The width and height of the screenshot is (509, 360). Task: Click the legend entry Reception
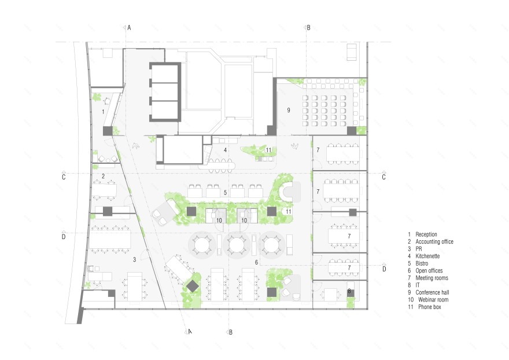coord(426,234)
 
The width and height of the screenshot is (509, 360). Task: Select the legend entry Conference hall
coord(432,292)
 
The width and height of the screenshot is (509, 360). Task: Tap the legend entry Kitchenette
coord(427,256)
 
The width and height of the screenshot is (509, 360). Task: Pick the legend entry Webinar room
coord(433,300)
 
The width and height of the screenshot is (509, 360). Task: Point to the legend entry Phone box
coord(429,307)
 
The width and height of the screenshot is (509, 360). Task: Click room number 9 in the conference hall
coord(289,110)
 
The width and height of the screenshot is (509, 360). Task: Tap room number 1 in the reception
coord(103,112)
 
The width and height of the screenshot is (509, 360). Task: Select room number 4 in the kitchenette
coord(225,150)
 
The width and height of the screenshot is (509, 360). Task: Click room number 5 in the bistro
coord(225,193)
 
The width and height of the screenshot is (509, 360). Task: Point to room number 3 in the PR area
coord(134,259)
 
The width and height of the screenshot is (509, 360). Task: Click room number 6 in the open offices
coord(256,262)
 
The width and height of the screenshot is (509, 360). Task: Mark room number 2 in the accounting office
coord(103,176)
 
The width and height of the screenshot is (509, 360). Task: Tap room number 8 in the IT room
coord(349,291)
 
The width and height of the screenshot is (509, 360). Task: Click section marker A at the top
coord(129,28)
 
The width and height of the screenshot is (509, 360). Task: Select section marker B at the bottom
coord(231,332)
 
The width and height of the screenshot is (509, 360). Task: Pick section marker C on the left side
coord(64,177)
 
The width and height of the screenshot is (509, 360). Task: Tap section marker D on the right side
coord(384,269)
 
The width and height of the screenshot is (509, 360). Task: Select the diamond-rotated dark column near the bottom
coord(193,286)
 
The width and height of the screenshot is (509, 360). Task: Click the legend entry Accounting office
coord(434,241)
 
